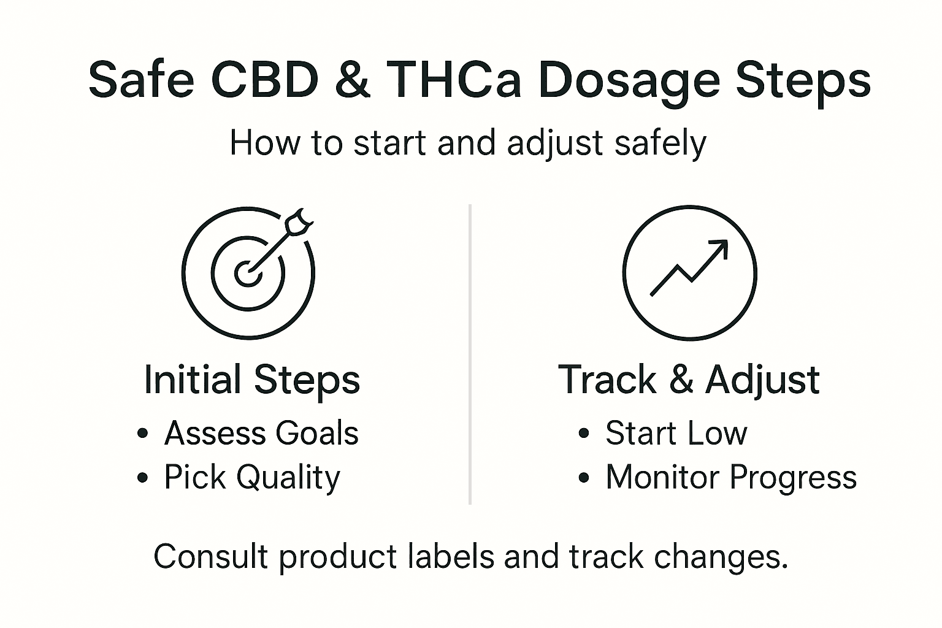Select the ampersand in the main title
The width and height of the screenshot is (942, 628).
tap(352, 80)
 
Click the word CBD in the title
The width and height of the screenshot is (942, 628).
tap(264, 80)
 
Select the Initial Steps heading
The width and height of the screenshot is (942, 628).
tap(251, 380)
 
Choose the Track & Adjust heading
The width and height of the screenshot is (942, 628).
tap(689, 380)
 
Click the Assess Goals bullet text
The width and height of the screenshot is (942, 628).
tap(261, 433)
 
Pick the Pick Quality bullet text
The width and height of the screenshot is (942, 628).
tap(251, 477)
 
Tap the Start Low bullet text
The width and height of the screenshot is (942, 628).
tap(676, 433)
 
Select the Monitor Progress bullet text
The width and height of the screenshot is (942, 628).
tap(731, 477)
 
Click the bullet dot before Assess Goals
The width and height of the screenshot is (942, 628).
tap(143, 434)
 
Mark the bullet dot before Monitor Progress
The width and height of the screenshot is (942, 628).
tap(583, 478)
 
